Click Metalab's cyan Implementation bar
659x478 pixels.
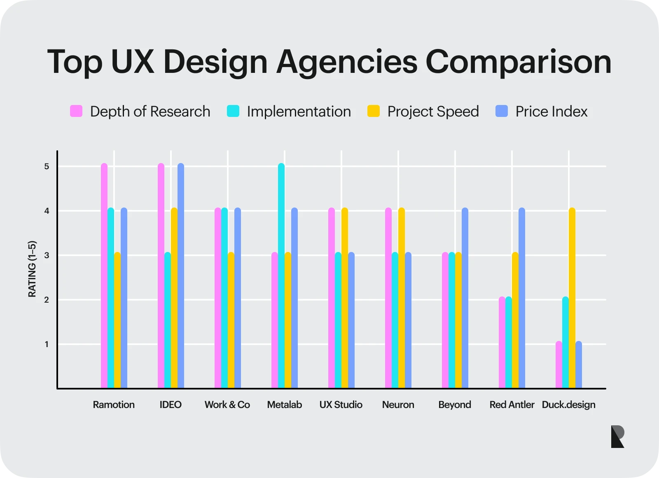(281, 276)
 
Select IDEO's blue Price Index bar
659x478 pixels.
(181, 276)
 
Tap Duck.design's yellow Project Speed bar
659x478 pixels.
(572, 298)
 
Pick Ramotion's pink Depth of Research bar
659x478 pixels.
(104, 276)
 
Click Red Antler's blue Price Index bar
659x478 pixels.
(522, 298)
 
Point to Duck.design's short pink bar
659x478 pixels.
(559, 365)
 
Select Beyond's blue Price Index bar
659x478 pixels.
(465, 298)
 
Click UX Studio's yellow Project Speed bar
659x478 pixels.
(345, 298)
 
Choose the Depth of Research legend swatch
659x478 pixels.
(76, 111)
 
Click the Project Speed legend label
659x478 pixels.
(433, 112)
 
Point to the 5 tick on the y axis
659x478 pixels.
(47, 166)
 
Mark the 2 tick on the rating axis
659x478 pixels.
(47, 300)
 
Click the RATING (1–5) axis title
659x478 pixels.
(32, 269)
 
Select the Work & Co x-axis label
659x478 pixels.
(227, 405)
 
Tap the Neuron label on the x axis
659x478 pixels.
(398, 405)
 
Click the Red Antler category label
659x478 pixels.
(512, 405)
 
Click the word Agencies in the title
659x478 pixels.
(347, 62)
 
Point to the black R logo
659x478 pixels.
(617, 437)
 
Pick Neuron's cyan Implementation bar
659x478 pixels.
(395, 320)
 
